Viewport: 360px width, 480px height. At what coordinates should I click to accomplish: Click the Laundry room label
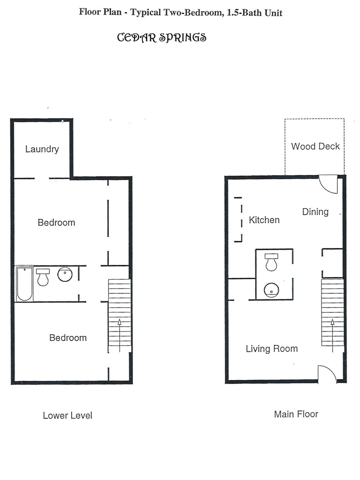pos(42,149)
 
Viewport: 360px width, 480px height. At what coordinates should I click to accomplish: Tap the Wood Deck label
pos(315,146)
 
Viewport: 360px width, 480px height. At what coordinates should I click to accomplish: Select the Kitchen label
pos(264,220)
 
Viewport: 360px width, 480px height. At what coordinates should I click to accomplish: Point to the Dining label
pos(315,212)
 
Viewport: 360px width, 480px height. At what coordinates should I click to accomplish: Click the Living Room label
pos(272,349)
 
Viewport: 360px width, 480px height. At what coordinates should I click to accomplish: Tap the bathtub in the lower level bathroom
pos(24,284)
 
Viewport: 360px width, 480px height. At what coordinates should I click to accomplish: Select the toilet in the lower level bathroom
pos(43,277)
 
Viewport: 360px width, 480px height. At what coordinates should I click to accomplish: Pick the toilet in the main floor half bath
pos(271,262)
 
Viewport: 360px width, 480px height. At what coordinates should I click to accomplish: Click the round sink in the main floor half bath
pos(271,290)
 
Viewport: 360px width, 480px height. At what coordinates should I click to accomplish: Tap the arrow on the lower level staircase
pos(119,331)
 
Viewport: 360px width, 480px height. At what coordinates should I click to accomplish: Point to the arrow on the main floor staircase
pos(332,331)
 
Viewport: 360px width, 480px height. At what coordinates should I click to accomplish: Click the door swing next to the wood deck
pos(329,185)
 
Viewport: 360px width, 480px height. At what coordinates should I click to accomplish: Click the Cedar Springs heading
pos(161,37)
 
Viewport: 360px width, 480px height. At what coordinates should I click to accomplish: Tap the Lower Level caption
pos(68,416)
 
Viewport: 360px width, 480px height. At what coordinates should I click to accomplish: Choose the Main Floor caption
pos(296,414)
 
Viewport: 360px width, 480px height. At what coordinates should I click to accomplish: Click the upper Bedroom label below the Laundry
pos(56,223)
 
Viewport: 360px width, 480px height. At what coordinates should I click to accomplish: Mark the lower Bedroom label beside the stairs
pos(68,338)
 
